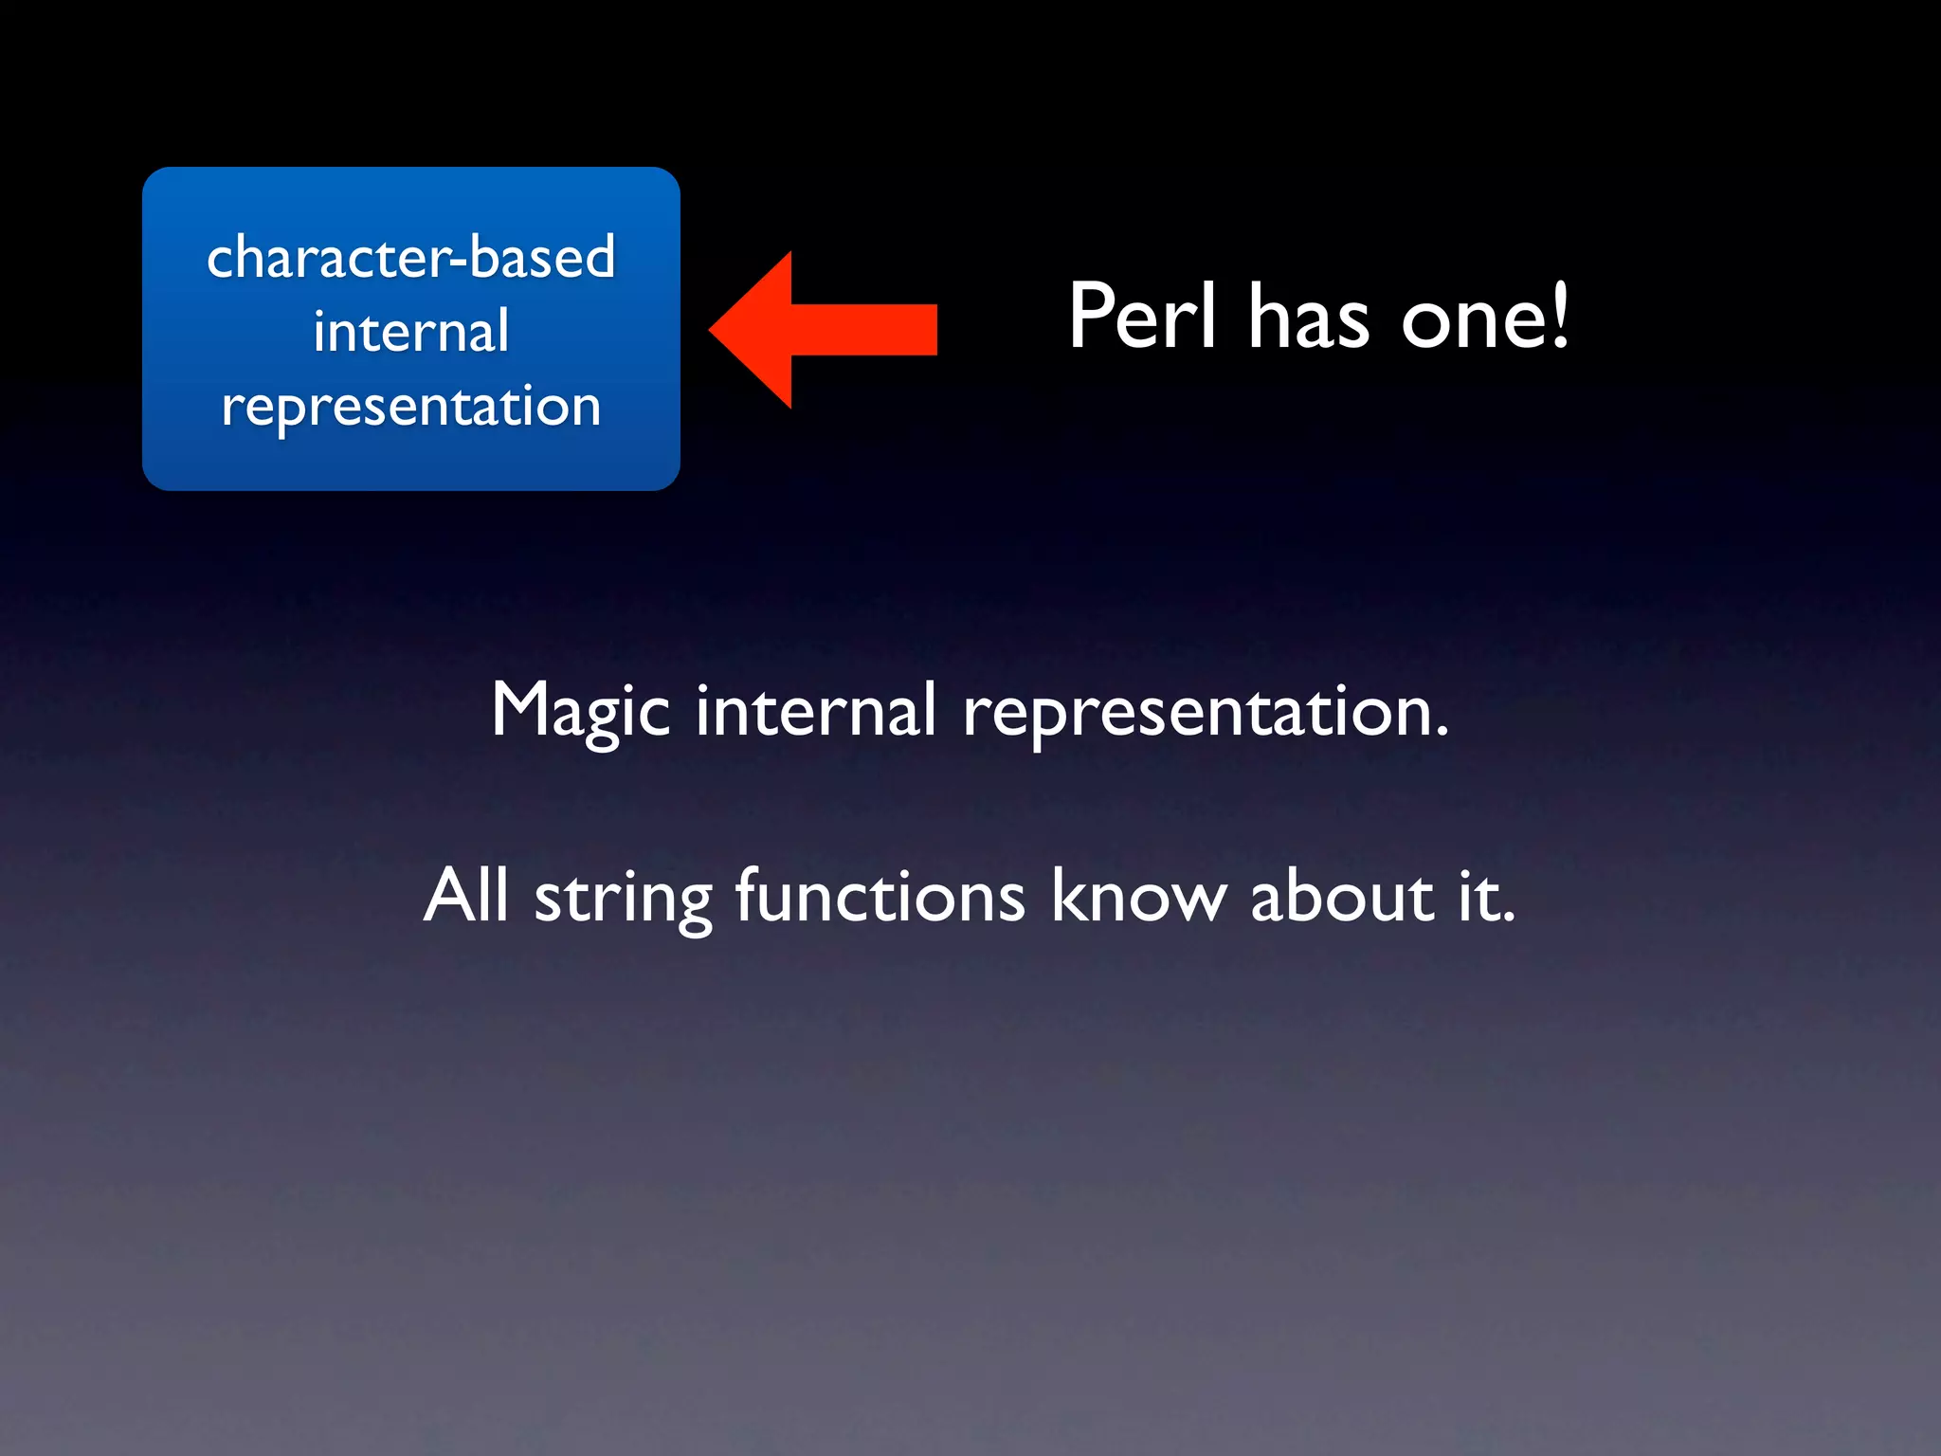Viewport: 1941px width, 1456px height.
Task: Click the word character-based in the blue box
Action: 410,257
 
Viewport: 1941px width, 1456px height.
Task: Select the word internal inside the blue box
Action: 410,331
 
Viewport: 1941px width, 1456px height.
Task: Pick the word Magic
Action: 580,711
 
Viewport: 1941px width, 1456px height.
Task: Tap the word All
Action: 465,895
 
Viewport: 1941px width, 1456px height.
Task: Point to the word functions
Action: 880,895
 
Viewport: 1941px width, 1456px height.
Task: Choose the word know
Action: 1138,895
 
